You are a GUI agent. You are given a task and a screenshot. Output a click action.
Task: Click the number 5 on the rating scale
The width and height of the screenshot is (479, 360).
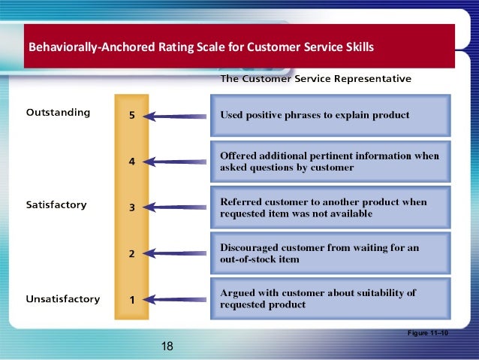pos(132,116)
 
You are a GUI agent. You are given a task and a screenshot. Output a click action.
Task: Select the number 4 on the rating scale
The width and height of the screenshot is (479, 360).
pos(132,162)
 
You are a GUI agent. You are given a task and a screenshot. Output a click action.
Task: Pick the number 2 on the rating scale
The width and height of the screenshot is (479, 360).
pos(132,254)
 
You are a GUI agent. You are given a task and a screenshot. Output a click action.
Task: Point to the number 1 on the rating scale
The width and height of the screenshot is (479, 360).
pos(132,299)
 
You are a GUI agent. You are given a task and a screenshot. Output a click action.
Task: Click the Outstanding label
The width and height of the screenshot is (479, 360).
pos(58,113)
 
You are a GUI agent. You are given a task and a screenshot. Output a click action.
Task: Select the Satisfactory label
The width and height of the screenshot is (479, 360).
pos(56,204)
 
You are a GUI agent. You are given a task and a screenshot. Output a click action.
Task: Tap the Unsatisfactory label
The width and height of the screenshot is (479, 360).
pos(62,298)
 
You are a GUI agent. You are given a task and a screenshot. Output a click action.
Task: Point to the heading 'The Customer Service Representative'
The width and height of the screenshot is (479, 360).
pos(315,78)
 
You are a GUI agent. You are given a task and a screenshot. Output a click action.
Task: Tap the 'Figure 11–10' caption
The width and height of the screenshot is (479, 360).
pos(426,331)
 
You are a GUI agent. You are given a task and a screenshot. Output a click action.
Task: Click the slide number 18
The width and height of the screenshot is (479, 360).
pos(167,346)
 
